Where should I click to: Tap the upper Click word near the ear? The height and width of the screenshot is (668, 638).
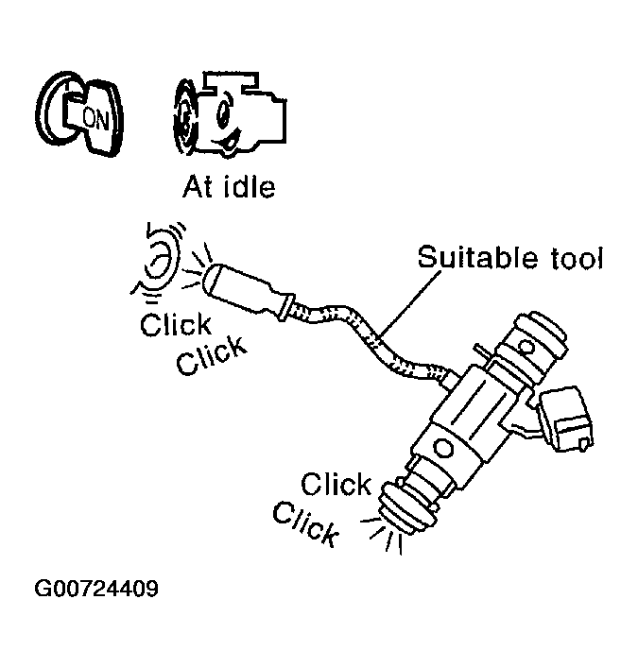coord(175,325)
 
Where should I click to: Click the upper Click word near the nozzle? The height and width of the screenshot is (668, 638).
coord(336,486)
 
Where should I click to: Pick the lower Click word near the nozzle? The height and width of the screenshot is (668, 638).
coord(305,524)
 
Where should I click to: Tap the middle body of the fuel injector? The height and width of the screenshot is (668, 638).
coord(473,406)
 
